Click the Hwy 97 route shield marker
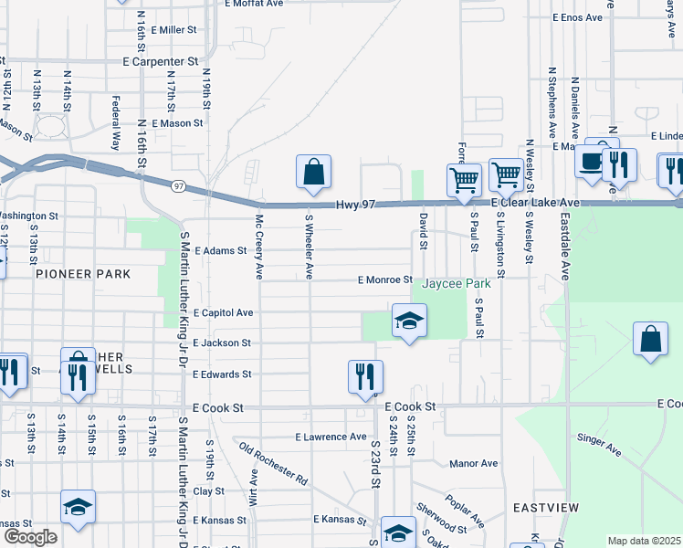(178, 185)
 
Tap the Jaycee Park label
(456, 284)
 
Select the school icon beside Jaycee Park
(410, 321)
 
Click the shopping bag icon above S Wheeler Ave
(313, 172)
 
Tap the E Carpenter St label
(160, 60)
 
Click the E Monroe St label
(384, 280)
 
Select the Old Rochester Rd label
(273, 461)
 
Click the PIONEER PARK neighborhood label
(83, 274)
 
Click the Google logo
(29, 537)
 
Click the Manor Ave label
(474, 463)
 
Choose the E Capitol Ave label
(223, 312)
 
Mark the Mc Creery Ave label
(259, 248)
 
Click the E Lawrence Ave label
(333, 437)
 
